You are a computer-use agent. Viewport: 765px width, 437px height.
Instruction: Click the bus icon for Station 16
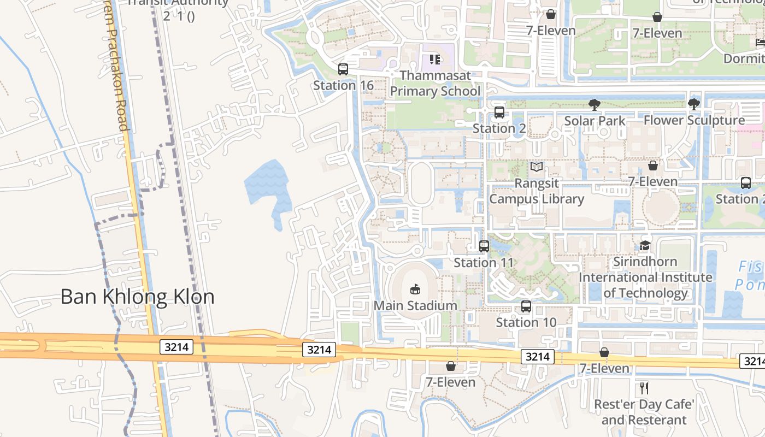[343, 69]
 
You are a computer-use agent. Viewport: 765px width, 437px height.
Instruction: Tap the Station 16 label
[343, 85]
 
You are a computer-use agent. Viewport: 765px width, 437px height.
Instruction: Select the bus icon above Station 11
[484, 246]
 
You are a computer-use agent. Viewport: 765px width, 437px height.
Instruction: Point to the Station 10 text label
[526, 322]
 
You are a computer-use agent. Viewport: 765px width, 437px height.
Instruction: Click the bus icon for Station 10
[526, 306]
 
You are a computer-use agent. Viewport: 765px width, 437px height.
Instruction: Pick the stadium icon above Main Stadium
[415, 289]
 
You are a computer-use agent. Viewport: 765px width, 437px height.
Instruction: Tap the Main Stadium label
[415, 305]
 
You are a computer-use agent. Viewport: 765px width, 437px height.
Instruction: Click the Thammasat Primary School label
[435, 83]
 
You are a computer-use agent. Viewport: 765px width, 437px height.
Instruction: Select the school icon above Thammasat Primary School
[435, 59]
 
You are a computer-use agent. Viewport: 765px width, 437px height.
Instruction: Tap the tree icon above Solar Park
[594, 104]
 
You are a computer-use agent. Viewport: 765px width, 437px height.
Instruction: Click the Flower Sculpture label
[694, 120]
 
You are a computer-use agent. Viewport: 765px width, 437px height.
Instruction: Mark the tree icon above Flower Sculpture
[694, 104]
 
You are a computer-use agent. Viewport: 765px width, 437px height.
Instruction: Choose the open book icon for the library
[537, 167]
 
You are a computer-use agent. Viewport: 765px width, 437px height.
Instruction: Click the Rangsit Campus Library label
[537, 191]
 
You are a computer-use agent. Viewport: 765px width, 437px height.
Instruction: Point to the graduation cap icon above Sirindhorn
[645, 246]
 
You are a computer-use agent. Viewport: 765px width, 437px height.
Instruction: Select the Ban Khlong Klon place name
[137, 297]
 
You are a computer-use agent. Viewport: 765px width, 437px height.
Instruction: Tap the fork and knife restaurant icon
[644, 388]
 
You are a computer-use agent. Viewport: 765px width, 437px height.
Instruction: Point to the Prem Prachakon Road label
[116, 82]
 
